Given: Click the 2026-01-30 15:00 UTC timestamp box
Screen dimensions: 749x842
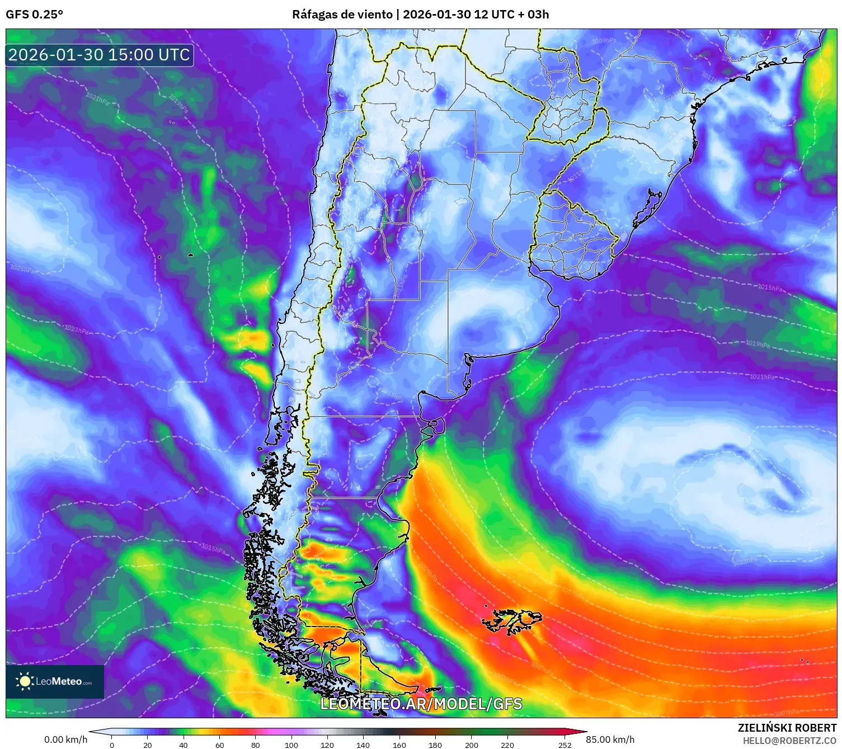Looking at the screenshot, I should (100, 55).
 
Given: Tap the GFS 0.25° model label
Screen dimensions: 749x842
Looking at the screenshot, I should (34, 15).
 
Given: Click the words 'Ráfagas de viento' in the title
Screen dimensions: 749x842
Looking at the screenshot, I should (342, 15).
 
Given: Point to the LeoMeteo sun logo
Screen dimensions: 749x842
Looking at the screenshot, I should (25, 681).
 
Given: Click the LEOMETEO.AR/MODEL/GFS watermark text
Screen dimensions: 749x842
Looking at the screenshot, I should (421, 704).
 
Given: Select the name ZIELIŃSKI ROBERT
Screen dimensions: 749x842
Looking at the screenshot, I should (787, 728).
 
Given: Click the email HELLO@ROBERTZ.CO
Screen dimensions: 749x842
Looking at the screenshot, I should (789, 741).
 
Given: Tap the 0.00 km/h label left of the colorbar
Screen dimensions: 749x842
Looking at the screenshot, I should (65, 739).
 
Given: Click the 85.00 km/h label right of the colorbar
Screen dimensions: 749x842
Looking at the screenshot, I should (610, 739).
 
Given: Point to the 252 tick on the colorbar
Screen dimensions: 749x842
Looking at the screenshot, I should (565, 745).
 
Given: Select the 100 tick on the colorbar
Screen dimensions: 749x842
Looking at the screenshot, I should (291, 745).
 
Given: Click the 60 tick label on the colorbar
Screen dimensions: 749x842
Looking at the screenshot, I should (219, 745).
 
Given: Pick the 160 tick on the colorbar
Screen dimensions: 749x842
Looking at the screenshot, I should (399, 745).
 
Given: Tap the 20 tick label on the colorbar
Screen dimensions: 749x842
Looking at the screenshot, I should (148, 745).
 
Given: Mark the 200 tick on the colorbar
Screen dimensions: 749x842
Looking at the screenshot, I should (472, 745).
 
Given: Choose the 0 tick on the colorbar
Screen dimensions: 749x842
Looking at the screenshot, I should (112, 745).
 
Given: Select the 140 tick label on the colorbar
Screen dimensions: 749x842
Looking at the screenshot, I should (363, 745).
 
